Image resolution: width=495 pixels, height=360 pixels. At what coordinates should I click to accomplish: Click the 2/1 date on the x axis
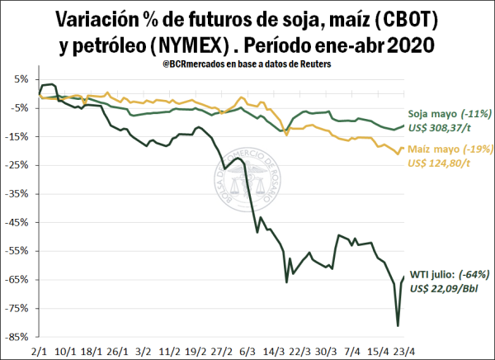(x=39, y=349)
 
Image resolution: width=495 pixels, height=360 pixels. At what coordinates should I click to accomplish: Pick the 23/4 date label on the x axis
(x=402, y=349)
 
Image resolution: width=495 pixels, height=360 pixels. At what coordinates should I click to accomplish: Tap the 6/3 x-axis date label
(x=247, y=349)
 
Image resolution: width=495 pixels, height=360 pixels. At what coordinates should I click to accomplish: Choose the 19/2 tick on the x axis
(x=196, y=349)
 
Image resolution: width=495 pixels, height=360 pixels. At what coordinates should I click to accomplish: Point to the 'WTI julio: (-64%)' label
(x=446, y=274)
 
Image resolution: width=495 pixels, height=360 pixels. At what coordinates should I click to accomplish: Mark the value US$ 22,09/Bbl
(x=445, y=287)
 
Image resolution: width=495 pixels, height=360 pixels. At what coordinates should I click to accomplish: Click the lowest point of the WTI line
(x=398, y=325)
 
